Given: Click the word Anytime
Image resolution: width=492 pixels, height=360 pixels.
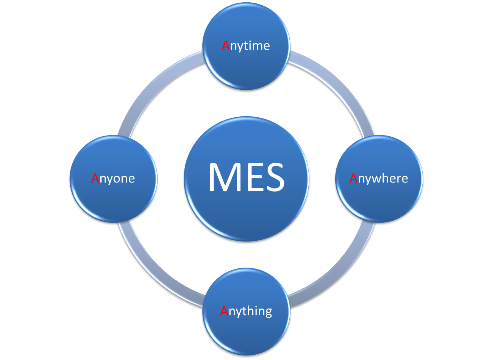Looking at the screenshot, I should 246,46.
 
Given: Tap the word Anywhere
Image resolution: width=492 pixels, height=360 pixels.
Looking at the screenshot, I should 379,178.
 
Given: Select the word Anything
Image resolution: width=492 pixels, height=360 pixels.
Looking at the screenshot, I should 246,311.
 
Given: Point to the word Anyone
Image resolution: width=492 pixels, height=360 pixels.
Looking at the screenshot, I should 113,178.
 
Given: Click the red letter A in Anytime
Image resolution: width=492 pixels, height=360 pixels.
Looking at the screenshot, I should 226,45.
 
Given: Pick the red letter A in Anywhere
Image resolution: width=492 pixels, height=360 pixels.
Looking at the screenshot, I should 353,178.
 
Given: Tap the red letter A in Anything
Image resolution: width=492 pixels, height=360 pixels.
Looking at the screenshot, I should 224,311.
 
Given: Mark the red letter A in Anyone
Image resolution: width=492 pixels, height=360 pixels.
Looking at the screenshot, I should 95,178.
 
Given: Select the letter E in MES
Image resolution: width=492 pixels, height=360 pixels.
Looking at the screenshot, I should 253,177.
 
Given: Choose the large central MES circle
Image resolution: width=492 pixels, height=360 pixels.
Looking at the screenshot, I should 246,212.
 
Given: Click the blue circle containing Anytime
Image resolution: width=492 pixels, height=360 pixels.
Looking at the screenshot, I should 246,72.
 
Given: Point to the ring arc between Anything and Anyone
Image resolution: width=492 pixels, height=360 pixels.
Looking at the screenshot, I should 154,271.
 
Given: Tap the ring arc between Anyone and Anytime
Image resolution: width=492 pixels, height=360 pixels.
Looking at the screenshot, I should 154,86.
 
